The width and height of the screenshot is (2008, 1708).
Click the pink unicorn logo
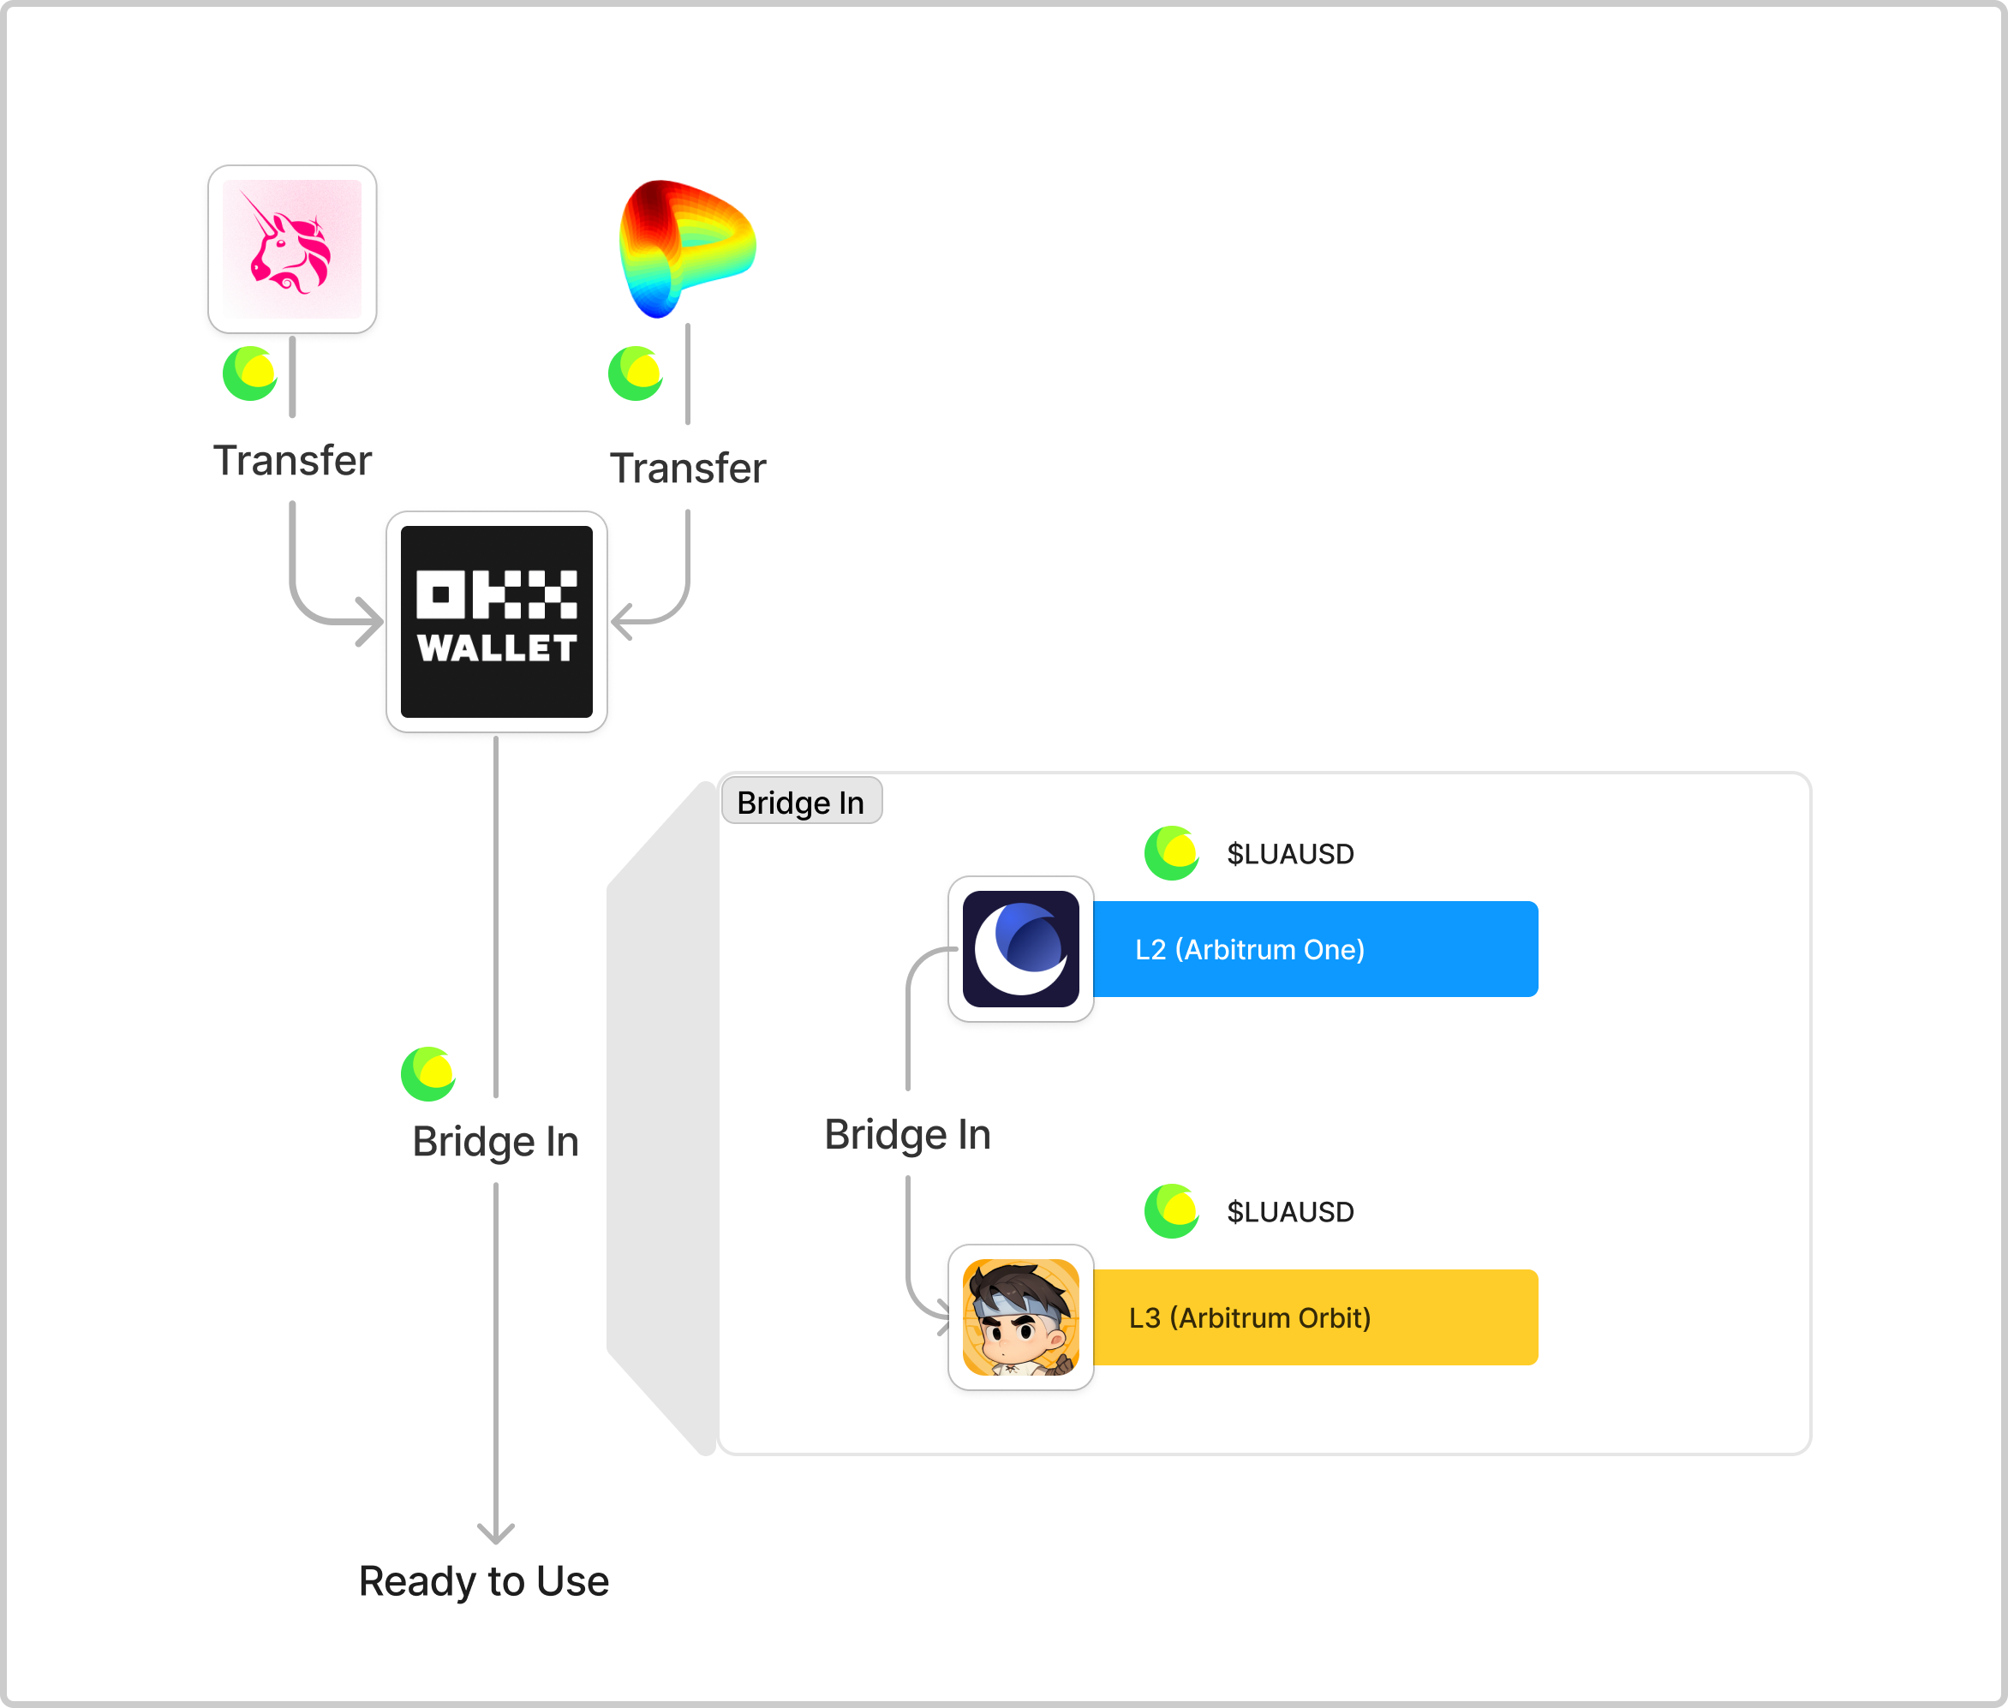point(291,249)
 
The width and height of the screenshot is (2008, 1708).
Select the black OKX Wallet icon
point(496,622)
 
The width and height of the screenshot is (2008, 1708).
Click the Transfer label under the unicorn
point(291,461)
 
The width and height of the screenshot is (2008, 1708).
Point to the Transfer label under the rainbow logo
point(687,469)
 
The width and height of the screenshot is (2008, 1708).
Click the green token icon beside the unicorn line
point(250,373)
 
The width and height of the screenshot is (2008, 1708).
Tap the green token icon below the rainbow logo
point(635,373)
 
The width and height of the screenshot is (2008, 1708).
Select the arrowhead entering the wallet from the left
point(371,621)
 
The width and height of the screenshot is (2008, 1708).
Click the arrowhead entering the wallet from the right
point(623,621)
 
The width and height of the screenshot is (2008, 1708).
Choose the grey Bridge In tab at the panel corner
point(801,802)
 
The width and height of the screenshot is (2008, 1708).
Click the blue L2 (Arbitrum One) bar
point(1315,949)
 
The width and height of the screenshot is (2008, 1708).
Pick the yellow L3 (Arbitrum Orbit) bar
point(1315,1317)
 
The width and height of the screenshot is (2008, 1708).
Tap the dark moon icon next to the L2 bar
point(1020,949)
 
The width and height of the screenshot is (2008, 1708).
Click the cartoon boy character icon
point(1020,1317)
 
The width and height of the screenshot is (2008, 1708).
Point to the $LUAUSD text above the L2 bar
point(1289,854)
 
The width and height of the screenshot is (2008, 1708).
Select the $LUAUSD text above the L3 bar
point(1289,1211)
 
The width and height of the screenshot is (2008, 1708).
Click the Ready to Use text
point(483,1581)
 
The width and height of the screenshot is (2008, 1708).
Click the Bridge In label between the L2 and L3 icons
point(907,1135)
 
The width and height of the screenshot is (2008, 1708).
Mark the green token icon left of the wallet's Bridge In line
point(428,1075)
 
